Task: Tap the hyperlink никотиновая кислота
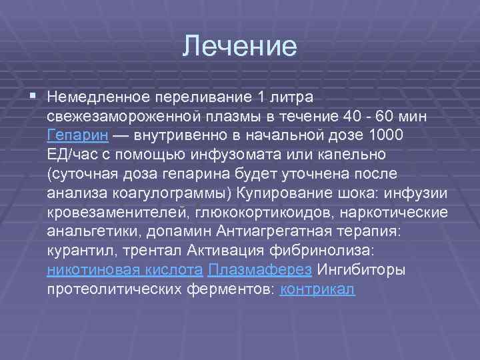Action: (x=125, y=271)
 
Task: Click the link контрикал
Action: (x=319, y=290)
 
